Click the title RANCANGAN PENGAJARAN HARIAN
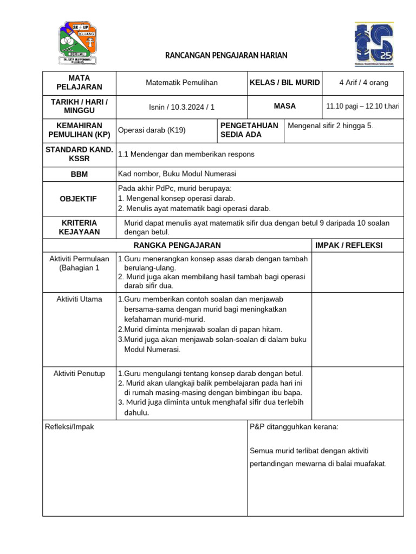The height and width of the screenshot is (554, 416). point(226,55)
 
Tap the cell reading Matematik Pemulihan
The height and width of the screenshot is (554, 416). point(181,83)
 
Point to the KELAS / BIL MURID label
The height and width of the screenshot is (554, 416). point(284,83)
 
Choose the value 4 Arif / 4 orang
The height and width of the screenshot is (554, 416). point(363,83)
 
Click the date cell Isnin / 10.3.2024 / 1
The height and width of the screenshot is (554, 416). point(181,107)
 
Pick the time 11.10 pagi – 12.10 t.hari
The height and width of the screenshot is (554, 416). point(363,107)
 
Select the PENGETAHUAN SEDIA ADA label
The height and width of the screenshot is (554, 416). point(250,130)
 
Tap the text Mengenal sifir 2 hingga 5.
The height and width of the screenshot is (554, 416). point(330,126)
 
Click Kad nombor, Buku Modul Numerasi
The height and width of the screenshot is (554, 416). point(177,174)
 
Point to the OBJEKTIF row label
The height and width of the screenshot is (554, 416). point(79,199)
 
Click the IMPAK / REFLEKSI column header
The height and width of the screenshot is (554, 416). point(349,245)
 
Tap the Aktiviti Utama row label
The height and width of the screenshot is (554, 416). point(79,299)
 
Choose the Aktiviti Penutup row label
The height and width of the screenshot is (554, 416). point(79,374)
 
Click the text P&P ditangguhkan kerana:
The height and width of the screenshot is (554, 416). point(294,427)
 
